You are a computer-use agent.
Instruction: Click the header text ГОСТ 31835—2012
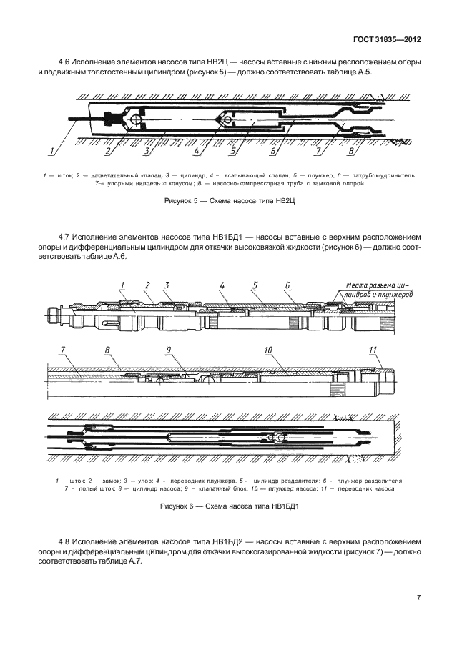tap(387, 40)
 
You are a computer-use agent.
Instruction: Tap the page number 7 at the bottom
tap(418, 599)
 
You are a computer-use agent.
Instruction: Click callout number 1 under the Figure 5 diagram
tap(51, 152)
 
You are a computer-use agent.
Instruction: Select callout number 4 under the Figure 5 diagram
tap(197, 152)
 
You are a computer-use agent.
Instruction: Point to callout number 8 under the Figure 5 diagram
tap(351, 152)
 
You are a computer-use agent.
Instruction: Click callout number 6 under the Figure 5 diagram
tap(273, 152)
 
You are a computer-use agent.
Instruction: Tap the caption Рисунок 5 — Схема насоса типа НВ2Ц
tap(230, 201)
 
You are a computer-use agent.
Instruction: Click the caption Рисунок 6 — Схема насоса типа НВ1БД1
tap(230, 507)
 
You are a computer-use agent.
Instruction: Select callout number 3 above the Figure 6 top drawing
tap(167, 285)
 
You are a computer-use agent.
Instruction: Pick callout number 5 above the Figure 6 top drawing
tap(255, 285)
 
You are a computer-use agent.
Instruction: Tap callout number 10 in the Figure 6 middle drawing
tap(268, 350)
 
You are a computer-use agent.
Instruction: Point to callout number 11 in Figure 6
tap(373, 350)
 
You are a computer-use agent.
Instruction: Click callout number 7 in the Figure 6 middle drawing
tap(62, 350)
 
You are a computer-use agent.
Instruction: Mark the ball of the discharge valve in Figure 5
tap(134, 120)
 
